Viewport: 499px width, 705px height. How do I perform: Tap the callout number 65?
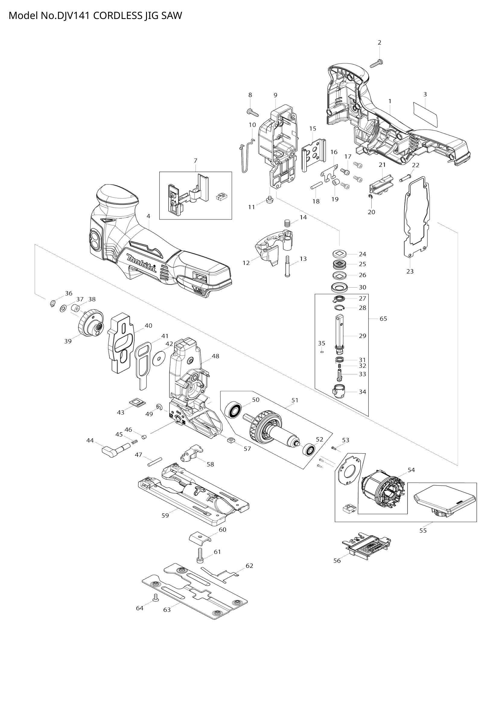[x=383, y=319]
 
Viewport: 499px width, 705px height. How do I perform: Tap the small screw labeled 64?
[x=155, y=597]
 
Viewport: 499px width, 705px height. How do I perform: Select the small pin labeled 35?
[x=322, y=352]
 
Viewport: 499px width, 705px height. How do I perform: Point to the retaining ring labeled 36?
[x=52, y=304]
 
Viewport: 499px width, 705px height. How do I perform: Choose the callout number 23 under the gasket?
[x=410, y=272]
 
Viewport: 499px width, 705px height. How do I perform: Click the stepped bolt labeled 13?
[x=287, y=266]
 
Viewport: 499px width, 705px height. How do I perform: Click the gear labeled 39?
[x=90, y=325]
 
